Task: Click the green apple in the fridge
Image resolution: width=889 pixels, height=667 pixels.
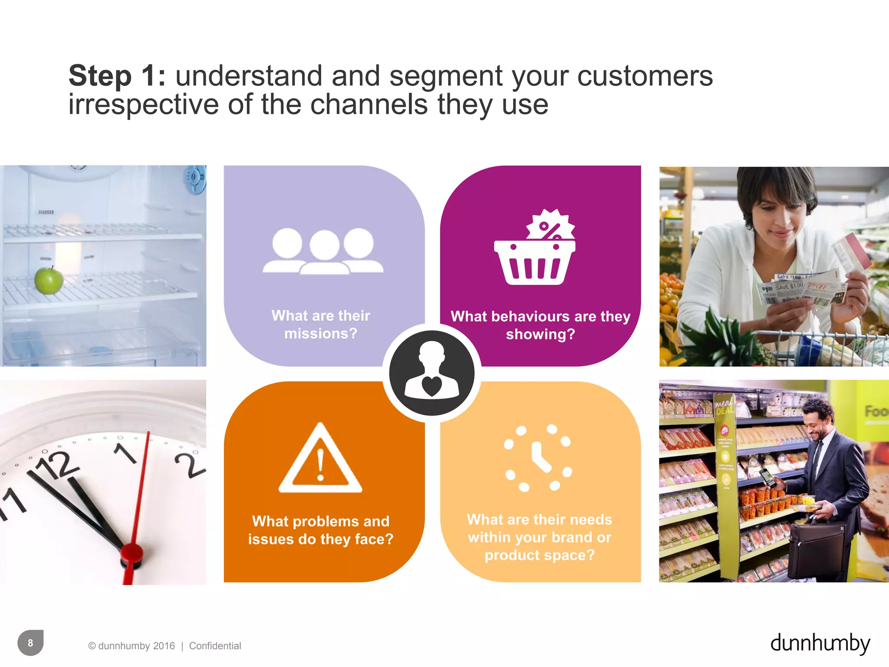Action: point(49,281)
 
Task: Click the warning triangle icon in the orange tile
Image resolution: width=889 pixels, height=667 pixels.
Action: point(320,460)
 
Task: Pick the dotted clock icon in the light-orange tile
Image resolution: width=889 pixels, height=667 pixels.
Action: point(538,458)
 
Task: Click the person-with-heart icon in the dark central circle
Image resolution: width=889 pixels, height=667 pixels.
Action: point(432,372)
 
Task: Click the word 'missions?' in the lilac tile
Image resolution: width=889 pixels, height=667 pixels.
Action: point(321,333)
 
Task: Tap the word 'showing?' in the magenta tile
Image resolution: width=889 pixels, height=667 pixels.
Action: point(540,334)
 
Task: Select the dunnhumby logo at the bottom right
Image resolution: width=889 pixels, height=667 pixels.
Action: point(820,643)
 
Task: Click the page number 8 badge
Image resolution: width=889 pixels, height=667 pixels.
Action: point(30,643)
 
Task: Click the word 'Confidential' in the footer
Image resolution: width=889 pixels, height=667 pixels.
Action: point(215,646)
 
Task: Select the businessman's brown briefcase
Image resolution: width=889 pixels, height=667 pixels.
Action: point(813,548)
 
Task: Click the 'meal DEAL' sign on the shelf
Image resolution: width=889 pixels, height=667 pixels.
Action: point(724,406)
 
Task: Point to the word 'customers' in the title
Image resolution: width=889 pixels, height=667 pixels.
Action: point(645,76)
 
